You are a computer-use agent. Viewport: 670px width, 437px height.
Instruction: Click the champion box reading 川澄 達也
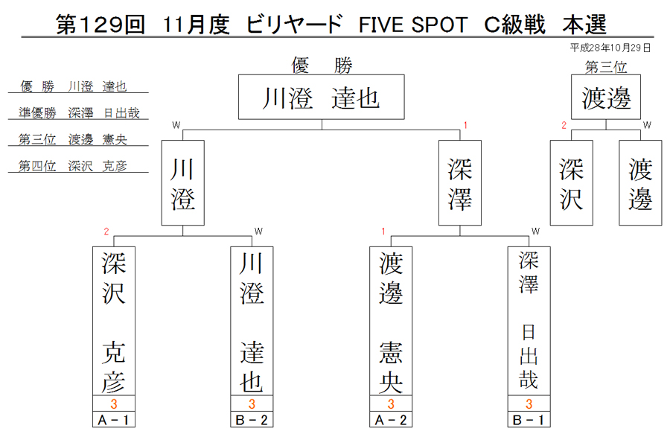tap(322, 97)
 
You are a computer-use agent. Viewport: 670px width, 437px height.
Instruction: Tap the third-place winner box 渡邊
tap(606, 97)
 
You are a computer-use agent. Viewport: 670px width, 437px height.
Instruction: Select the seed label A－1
tap(114, 420)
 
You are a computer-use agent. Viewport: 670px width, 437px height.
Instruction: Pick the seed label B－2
tap(252, 420)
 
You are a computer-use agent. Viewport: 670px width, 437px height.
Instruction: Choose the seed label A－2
tap(391, 420)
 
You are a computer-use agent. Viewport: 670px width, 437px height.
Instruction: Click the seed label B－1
tap(529, 420)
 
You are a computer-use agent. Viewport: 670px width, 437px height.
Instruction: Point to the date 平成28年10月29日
tap(610, 48)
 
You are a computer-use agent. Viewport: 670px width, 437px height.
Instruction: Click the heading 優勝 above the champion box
tap(322, 66)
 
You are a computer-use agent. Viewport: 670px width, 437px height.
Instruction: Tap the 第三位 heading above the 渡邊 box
tap(606, 67)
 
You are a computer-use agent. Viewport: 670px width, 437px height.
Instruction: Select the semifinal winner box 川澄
tap(183, 183)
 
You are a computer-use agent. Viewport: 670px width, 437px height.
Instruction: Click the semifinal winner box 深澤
tap(460, 183)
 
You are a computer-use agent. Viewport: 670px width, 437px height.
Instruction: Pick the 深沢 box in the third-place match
tap(571, 183)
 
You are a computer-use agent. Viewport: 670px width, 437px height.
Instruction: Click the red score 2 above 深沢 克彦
tap(106, 232)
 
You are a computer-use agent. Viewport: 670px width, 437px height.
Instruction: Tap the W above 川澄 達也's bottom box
tap(258, 232)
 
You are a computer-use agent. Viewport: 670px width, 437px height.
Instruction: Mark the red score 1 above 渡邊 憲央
tap(383, 232)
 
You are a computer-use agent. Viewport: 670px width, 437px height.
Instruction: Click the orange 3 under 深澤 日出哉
tap(529, 403)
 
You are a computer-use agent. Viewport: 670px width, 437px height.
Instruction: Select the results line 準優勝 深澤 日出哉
tap(79, 113)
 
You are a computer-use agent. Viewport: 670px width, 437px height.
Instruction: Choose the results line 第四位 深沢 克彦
tap(73, 166)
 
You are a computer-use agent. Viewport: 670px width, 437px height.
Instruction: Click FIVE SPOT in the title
tap(413, 25)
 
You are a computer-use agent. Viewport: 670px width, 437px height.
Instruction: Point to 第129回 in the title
tap(100, 25)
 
